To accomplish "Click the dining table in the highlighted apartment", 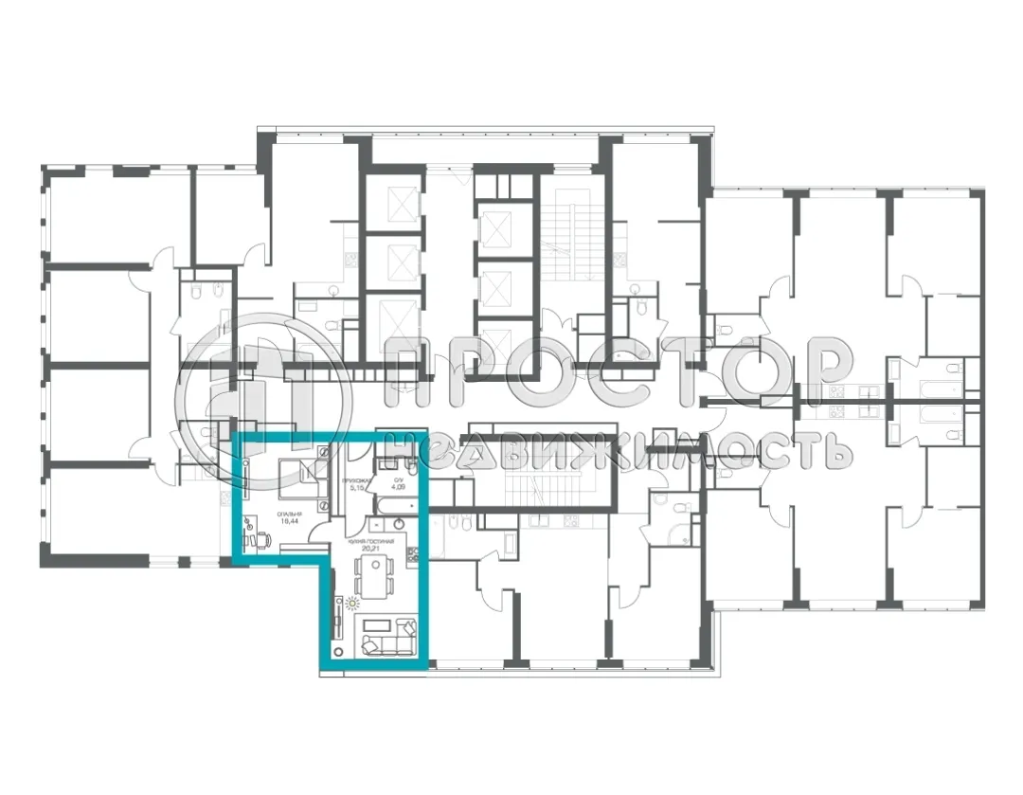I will pyautogui.click(x=373, y=574).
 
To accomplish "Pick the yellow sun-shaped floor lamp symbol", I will pyautogui.click(x=353, y=603).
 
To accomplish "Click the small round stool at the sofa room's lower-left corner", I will pyautogui.click(x=336, y=650).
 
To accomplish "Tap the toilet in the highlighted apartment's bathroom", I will pyautogui.click(x=411, y=465).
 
